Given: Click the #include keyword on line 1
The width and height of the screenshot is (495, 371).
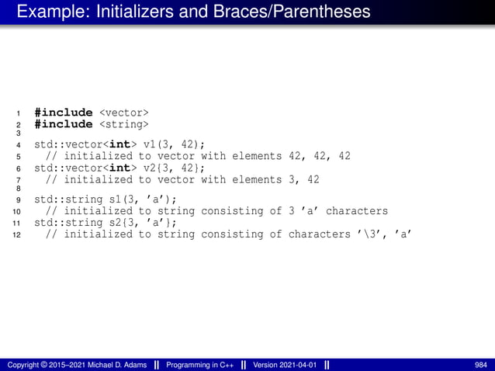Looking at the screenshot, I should click(x=63, y=113).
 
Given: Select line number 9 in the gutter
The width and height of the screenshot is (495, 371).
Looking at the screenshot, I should click(x=19, y=199).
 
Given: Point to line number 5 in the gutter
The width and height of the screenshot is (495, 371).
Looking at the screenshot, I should click(x=19, y=156).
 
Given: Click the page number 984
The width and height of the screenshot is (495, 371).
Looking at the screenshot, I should click(x=480, y=365).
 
